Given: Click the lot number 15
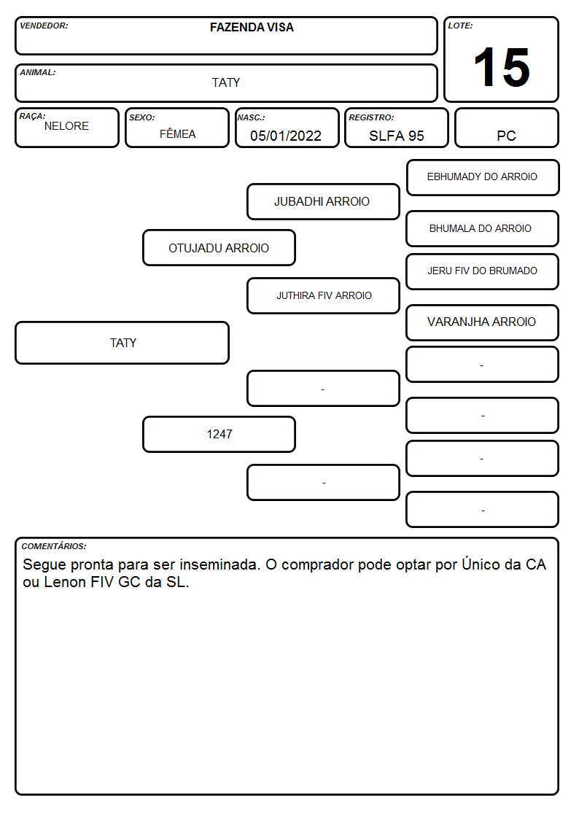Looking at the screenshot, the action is [x=502, y=67].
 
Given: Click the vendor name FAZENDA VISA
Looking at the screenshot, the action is [x=252, y=27].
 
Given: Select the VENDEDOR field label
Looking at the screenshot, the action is [x=44, y=26].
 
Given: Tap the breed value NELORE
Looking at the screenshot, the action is [x=66, y=126].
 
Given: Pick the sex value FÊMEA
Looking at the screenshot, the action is [x=177, y=133].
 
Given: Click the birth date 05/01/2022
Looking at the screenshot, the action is [x=286, y=136].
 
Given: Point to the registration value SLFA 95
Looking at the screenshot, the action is [x=396, y=136].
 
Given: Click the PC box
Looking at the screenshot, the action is [x=506, y=128].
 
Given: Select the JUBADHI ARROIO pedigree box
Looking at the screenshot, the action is [x=323, y=201].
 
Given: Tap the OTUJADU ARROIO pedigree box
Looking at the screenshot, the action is [x=219, y=247].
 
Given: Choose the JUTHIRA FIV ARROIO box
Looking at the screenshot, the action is [x=323, y=295].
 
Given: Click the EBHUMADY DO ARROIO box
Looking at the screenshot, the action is [x=483, y=178].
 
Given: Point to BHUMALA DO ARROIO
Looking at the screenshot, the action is [x=481, y=228].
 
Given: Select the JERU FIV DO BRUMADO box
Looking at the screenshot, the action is [x=483, y=271].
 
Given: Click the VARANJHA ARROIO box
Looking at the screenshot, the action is [x=483, y=322].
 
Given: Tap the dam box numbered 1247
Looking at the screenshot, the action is [x=219, y=434].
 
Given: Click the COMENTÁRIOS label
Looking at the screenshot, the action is [x=54, y=546].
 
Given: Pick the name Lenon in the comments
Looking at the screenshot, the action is [x=65, y=582].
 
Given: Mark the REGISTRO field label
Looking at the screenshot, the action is [x=371, y=117].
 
